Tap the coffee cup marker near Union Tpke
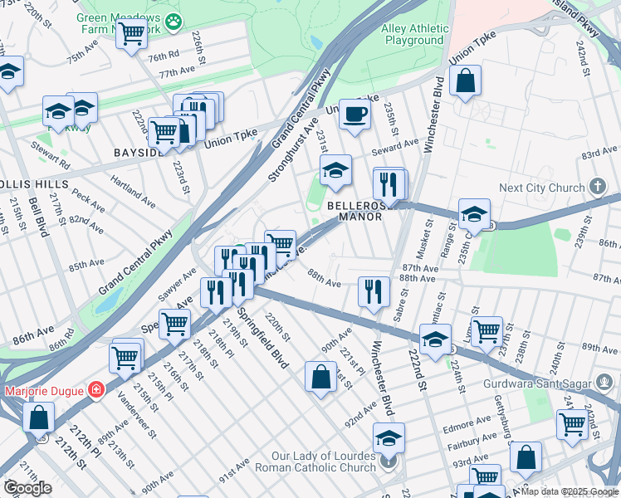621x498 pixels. [x=355, y=115]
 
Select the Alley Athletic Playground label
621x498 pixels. [x=413, y=34]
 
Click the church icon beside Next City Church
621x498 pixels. [x=596, y=187]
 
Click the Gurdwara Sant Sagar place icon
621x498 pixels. [x=604, y=383]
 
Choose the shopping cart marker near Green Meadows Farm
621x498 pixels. [x=131, y=35]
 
